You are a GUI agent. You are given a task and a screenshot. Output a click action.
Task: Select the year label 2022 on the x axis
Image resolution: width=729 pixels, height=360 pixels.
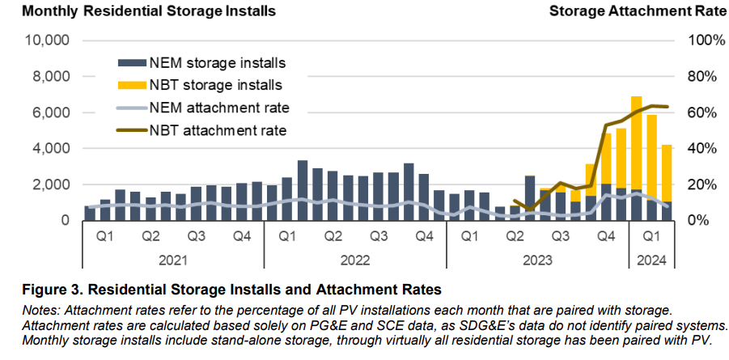click(x=355, y=260)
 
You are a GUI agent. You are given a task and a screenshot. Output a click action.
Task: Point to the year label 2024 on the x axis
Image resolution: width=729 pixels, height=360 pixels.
click(x=651, y=260)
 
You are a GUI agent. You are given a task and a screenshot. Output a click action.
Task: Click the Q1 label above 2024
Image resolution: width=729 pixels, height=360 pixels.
click(x=651, y=238)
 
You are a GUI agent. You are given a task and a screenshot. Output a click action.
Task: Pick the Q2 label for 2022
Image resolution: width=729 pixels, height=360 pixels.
click(x=333, y=238)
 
